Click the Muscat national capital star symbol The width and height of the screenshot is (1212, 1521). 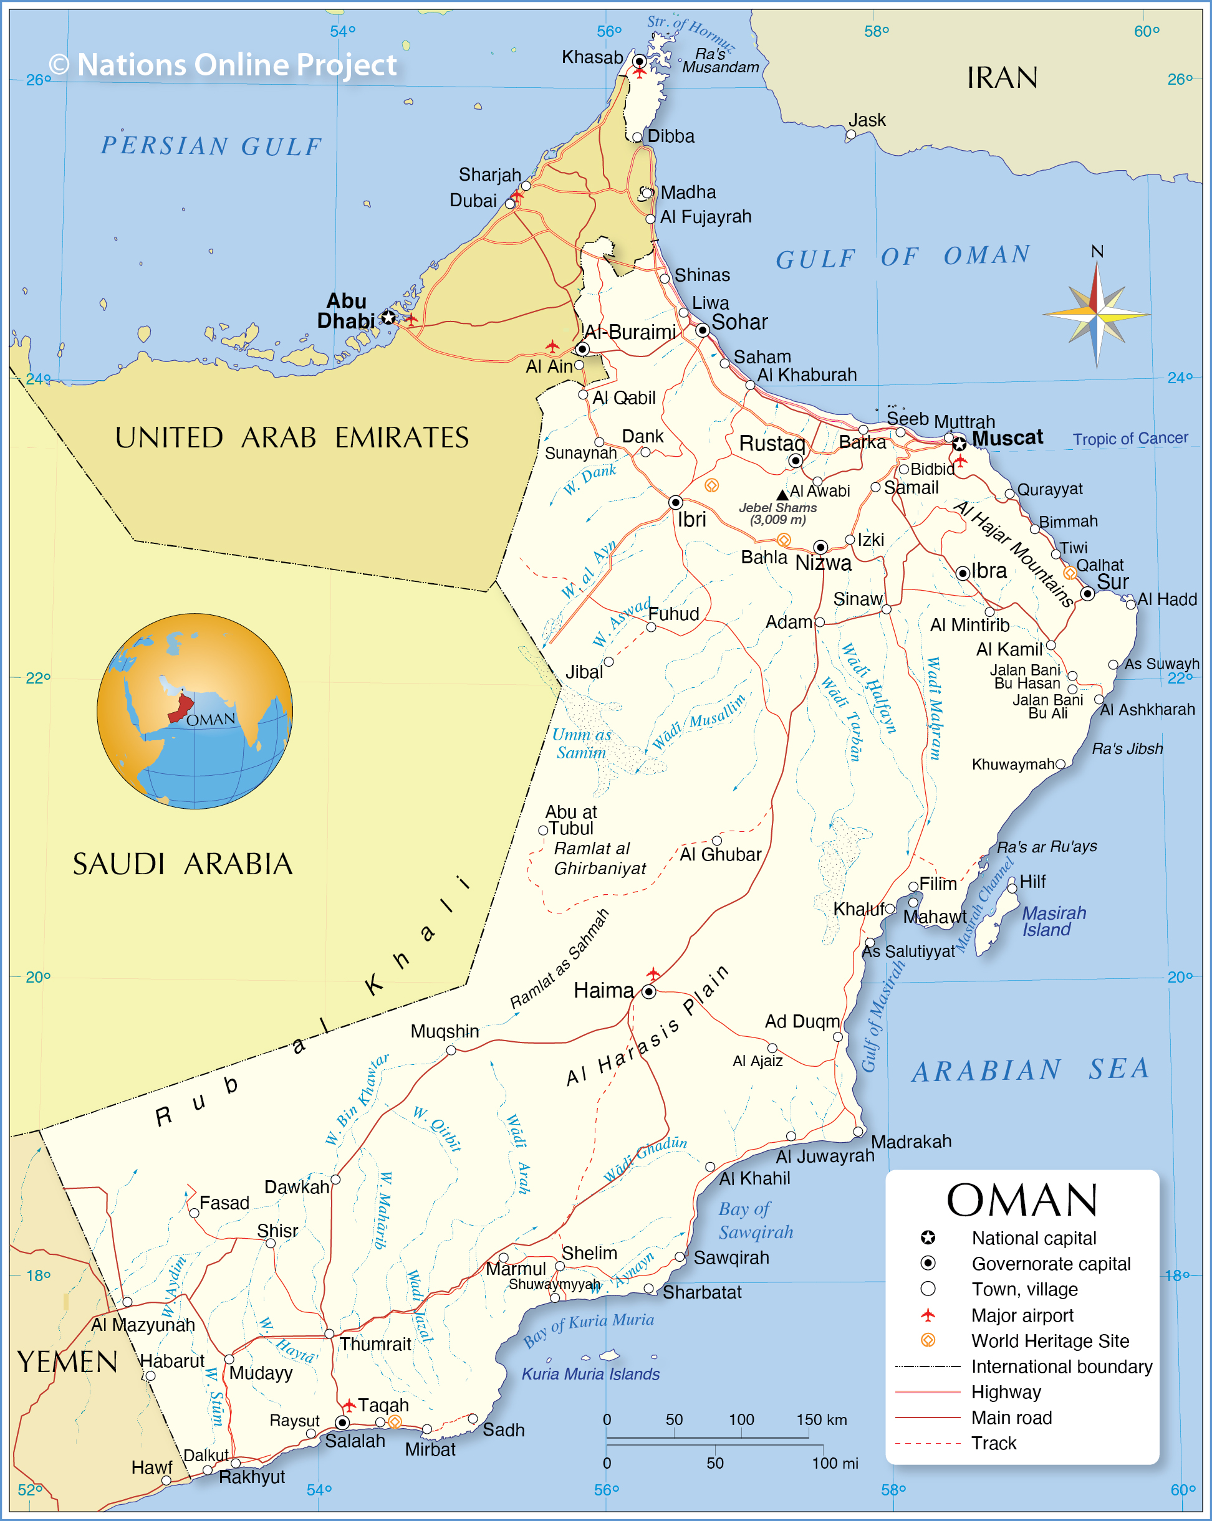pos(959,444)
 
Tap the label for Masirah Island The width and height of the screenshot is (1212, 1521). pos(1053,922)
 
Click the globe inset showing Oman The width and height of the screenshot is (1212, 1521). pos(195,710)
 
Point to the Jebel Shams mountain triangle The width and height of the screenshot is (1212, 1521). pos(782,495)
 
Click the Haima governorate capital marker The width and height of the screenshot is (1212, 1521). pos(648,991)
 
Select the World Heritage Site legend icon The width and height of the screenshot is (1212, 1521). pos(928,1340)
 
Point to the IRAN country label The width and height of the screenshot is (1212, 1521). pos(1002,78)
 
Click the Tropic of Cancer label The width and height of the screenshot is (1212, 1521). pos(1130,439)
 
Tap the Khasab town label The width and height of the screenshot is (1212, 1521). pos(592,57)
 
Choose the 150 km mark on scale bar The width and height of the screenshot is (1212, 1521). pos(821,1419)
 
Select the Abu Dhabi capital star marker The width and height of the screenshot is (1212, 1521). pos(388,317)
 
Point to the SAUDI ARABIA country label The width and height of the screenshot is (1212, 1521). pos(182,864)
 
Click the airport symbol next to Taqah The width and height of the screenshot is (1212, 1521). pos(349,1405)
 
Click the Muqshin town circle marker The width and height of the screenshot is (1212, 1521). pos(451,1051)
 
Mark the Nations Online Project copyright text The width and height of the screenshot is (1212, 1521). pos(223,65)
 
